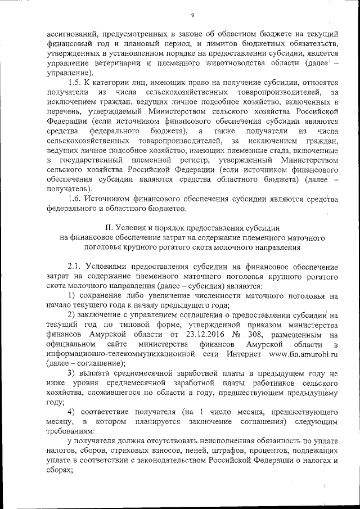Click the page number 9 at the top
192,15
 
